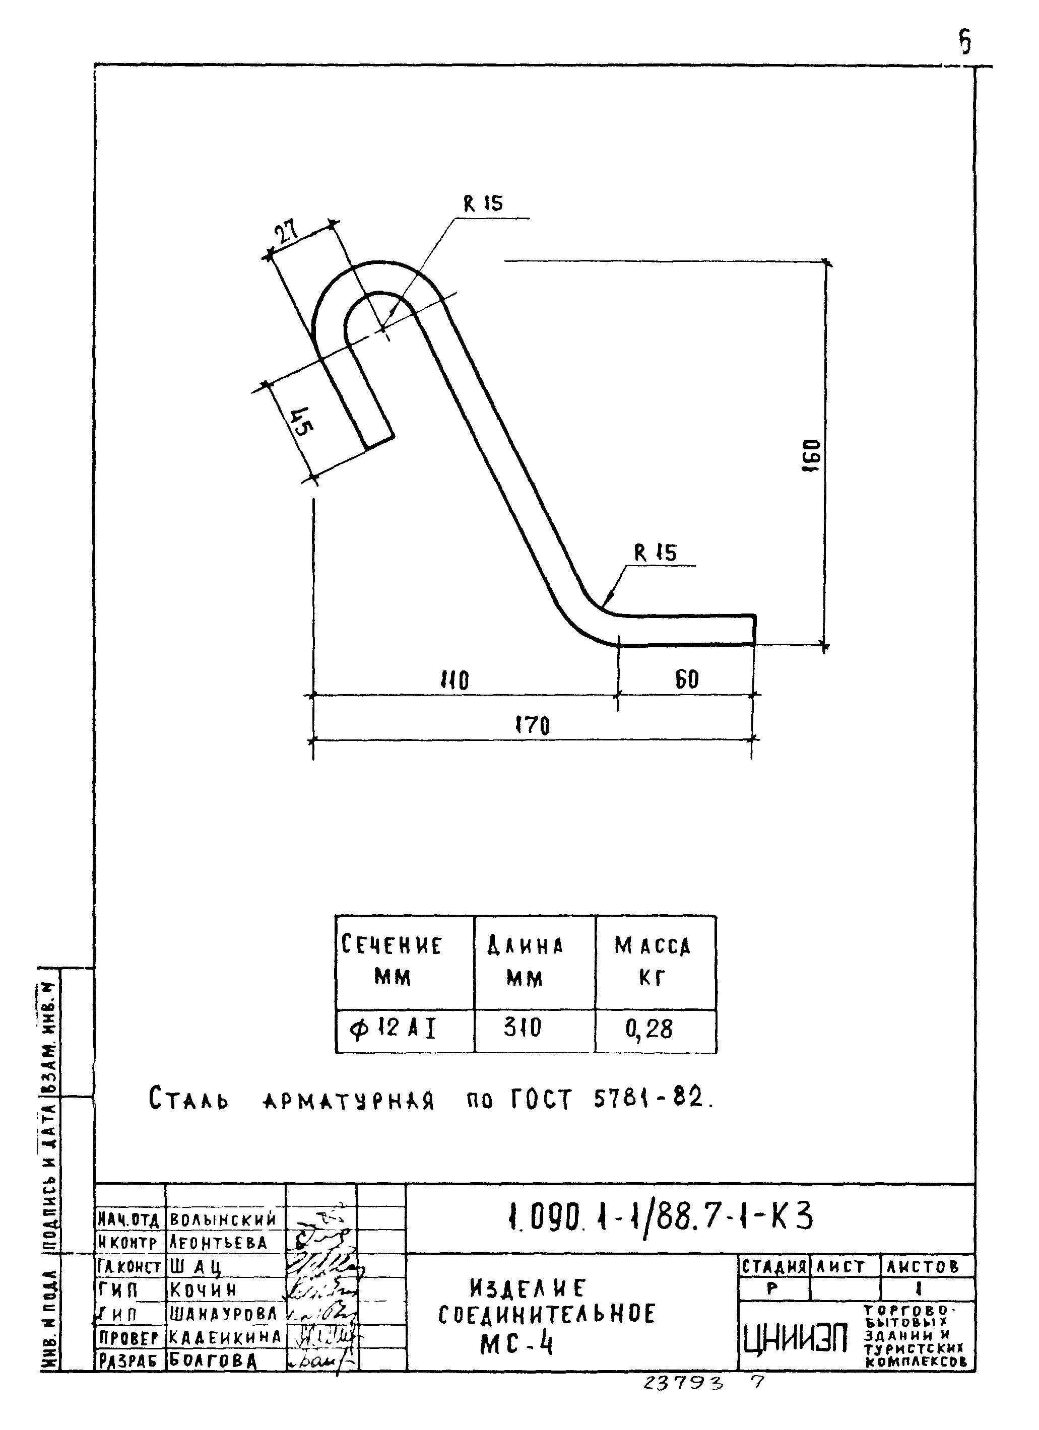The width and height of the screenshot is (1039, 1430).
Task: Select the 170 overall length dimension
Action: pos(533,725)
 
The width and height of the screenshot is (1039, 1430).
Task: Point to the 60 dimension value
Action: pos(687,679)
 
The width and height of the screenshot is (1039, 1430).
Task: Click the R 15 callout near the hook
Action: pos(483,203)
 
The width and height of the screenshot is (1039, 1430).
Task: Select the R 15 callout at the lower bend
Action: pos(655,553)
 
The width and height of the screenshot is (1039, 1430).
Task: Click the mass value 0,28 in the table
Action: pos(649,1029)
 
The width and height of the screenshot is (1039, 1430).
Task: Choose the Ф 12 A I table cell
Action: pos(393,1029)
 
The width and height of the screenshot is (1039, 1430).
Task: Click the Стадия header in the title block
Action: pos(773,1267)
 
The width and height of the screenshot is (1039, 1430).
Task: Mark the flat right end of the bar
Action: pos(754,629)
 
